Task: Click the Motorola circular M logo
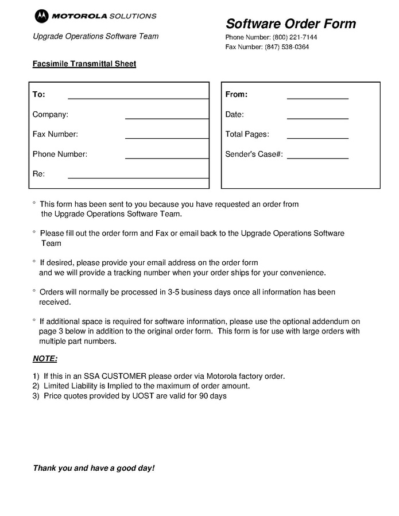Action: coord(41,16)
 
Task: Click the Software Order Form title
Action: coord(290,24)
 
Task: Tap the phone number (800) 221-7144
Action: coord(295,37)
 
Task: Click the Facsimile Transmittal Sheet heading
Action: coord(84,64)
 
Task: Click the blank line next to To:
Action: coord(138,98)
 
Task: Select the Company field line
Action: coord(166,118)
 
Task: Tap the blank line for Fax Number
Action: coord(166,138)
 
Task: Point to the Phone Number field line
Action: coord(166,157)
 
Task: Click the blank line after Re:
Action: coord(138,177)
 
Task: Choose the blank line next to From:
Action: coord(317,98)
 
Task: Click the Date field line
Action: coord(317,118)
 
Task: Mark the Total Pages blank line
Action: coord(317,138)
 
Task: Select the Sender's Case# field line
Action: coord(321,157)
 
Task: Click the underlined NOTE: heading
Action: coord(45,359)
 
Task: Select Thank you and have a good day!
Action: coord(94,468)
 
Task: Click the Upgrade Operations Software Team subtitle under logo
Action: coord(95,36)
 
